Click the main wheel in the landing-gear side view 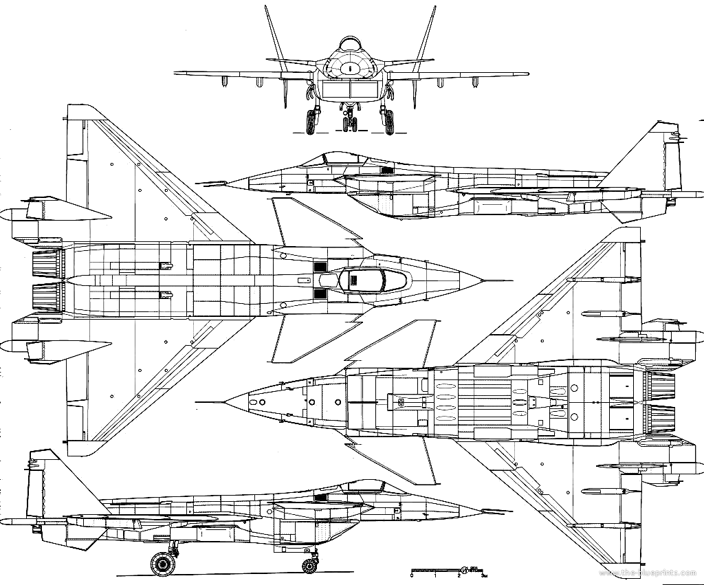click(x=163, y=563)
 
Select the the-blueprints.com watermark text click(x=656, y=573)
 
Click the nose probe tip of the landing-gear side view click(x=512, y=511)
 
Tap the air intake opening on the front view click(x=350, y=89)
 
